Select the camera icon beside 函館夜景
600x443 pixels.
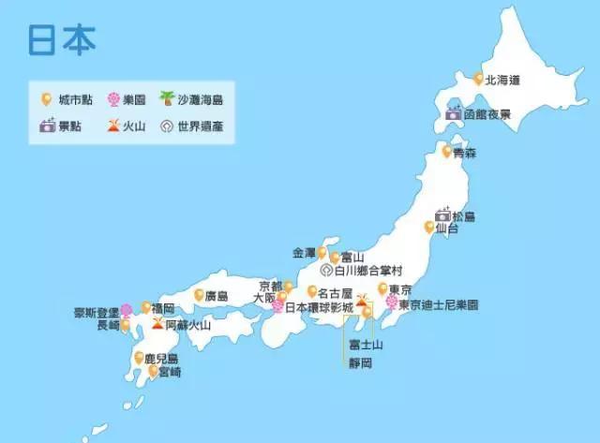[x=454, y=114]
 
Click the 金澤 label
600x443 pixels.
[x=305, y=253]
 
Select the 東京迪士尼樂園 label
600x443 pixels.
[x=438, y=305]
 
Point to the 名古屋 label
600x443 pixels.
[x=335, y=291]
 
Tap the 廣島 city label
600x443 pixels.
[x=217, y=296]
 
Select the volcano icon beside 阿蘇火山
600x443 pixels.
[x=156, y=325]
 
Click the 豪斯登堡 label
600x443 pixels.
[x=97, y=312]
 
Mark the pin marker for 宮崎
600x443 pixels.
[x=153, y=371]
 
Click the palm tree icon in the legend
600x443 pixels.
[x=167, y=98]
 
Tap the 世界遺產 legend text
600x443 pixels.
[x=200, y=126]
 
